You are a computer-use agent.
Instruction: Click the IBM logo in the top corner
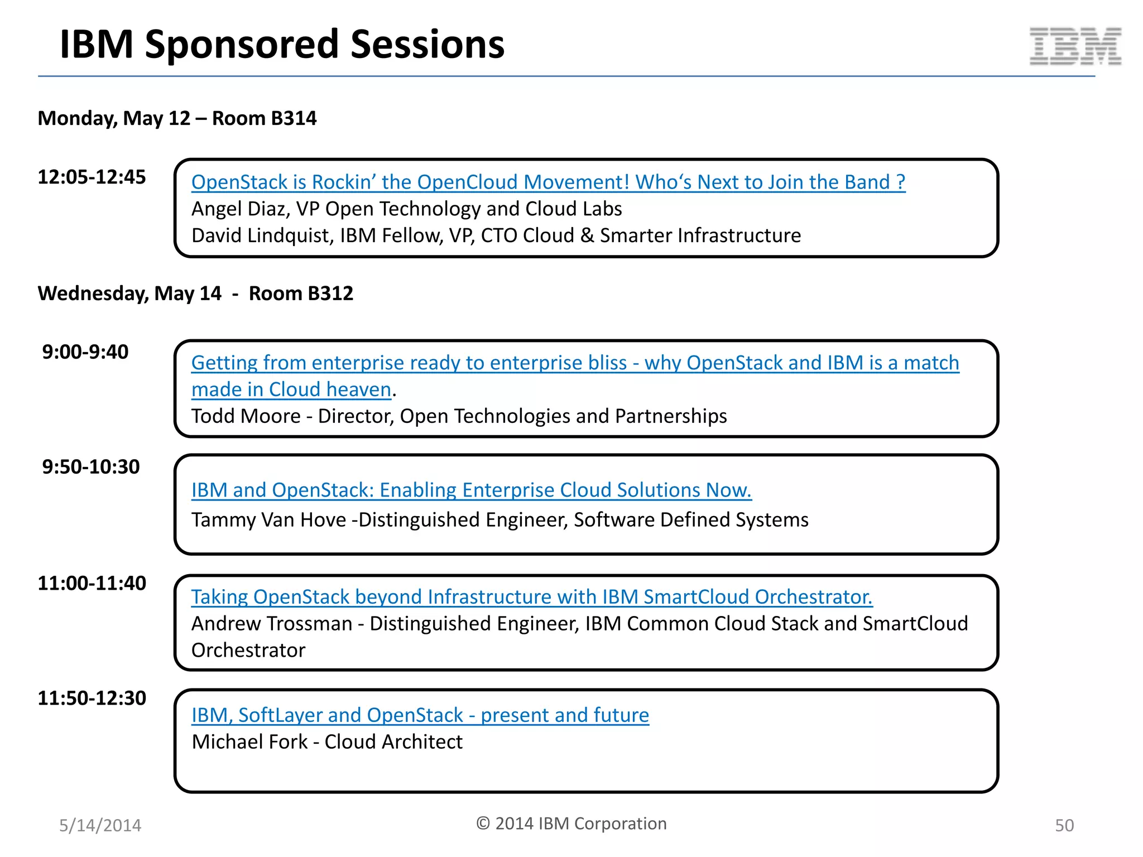[1075, 46]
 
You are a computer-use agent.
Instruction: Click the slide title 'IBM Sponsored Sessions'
[282, 45]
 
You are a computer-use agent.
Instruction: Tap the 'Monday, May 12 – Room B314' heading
[177, 118]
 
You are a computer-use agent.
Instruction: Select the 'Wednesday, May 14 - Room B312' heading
[195, 293]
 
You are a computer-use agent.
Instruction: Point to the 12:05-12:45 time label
[92, 177]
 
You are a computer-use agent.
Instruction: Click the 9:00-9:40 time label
[85, 352]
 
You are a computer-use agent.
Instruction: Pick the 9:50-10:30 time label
[91, 467]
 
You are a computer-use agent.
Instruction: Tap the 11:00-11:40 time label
[92, 584]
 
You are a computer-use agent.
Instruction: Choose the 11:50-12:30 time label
[92, 699]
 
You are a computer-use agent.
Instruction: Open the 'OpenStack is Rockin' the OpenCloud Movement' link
[548, 182]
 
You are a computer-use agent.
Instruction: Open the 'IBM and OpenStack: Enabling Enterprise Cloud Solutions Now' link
[471, 490]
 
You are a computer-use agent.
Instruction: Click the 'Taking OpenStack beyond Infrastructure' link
[531, 597]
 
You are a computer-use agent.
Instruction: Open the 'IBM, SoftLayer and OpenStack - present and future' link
[420, 715]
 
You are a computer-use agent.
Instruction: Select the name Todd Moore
[246, 417]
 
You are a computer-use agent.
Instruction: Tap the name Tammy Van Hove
[268, 520]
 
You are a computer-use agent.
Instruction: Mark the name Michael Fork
[249, 742]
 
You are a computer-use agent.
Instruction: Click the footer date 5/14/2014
[100, 826]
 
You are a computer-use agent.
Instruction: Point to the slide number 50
[1064, 826]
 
